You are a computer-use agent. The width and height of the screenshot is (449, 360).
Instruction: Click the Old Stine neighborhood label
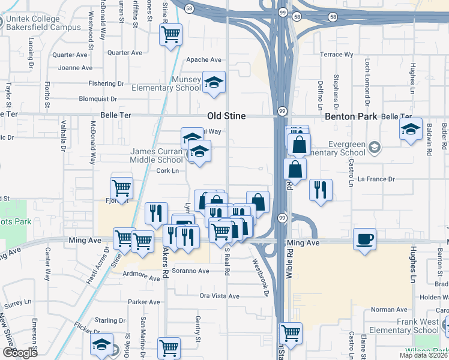226,116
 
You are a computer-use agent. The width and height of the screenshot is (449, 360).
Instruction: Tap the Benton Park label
351,116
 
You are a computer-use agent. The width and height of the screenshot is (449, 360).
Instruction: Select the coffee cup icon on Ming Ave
365,239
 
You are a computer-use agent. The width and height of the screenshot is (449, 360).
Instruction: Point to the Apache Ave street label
204,60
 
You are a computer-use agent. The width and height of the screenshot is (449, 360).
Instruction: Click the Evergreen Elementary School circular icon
375,147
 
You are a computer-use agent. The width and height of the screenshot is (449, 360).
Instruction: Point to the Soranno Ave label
190,271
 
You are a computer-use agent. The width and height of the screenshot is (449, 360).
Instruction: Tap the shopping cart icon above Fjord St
122,188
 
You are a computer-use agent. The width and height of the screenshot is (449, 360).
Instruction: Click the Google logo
19,353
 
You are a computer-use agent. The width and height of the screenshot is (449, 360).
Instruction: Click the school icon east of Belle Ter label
411,130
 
